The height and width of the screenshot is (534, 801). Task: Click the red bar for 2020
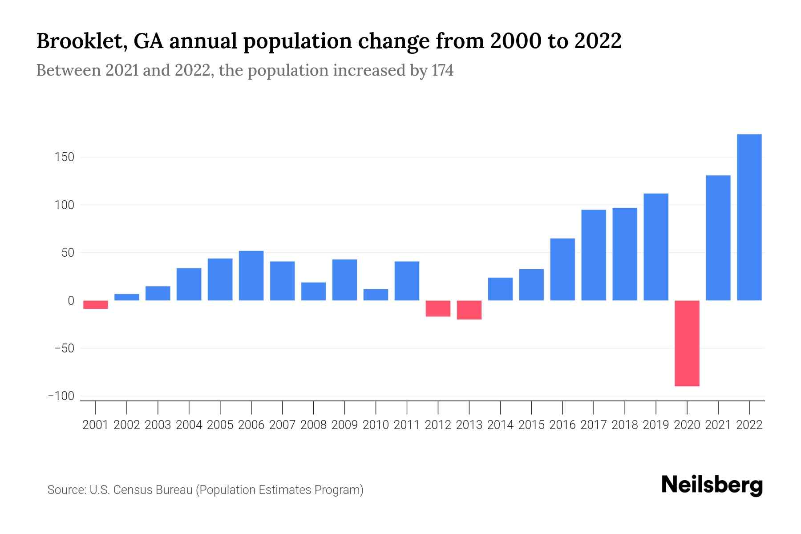click(687, 343)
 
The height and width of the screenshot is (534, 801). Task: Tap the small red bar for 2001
click(96, 305)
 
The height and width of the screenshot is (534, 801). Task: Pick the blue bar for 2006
click(251, 275)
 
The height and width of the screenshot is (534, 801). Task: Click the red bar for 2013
click(469, 310)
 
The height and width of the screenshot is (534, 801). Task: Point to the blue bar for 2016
click(562, 269)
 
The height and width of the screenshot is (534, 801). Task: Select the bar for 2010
click(376, 295)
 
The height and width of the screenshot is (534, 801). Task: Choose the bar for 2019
click(656, 247)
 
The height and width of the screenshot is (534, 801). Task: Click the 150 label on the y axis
click(65, 157)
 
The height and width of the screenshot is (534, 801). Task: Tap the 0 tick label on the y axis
click(71, 301)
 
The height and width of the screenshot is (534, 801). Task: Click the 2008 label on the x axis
click(313, 425)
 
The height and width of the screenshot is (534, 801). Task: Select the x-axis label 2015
click(531, 425)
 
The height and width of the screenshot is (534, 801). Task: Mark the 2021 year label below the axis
click(718, 425)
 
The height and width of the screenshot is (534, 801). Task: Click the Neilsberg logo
click(712, 485)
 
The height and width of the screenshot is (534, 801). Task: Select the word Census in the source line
click(133, 490)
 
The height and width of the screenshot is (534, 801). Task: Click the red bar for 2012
click(438, 308)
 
